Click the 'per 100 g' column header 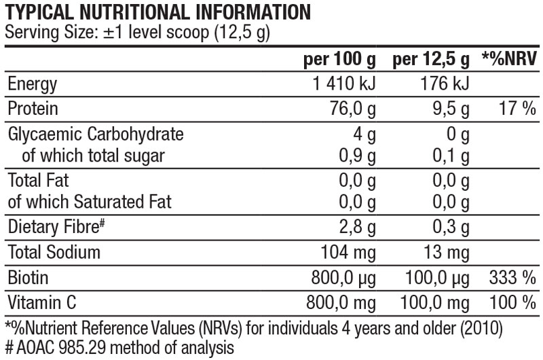339,60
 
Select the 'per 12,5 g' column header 431,60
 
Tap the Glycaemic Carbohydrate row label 95,134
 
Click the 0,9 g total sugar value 357,156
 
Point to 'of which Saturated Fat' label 90,202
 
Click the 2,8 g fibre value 357,228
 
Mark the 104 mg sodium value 347,253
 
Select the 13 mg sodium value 449,253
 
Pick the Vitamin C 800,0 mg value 342,302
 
